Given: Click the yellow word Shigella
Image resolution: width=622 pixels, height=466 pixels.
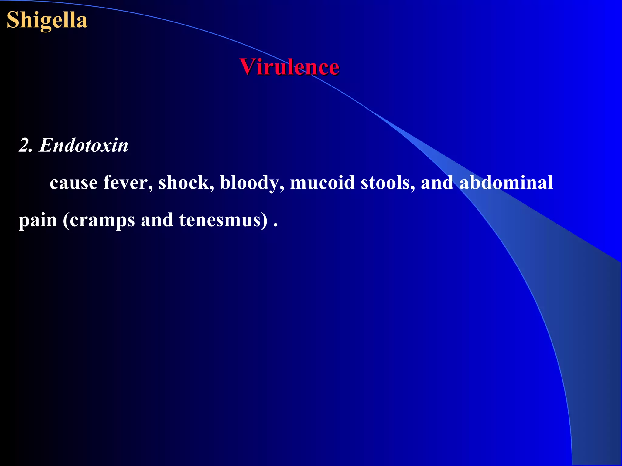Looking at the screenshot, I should pyautogui.click(x=47, y=20).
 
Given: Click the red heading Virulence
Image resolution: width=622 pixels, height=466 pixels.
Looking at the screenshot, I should pyautogui.click(x=289, y=67).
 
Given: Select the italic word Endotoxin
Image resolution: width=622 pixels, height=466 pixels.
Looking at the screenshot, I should pyautogui.click(x=84, y=145).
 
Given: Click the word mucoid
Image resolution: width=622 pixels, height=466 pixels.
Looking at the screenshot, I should pyautogui.click(x=322, y=183).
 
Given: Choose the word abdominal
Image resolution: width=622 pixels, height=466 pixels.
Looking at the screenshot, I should pyautogui.click(x=506, y=183).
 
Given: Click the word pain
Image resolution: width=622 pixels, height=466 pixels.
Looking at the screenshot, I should pyautogui.click(x=38, y=220).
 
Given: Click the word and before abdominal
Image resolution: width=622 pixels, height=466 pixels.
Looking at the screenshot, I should pyautogui.click(x=436, y=183).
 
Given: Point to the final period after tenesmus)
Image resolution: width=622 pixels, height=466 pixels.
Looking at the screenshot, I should pyautogui.click(x=275, y=225).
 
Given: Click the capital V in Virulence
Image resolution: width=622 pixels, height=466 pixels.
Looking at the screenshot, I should pyautogui.click(x=247, y=67).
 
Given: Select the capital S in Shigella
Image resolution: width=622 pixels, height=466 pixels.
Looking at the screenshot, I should pyautogui.click(x=13, y=20).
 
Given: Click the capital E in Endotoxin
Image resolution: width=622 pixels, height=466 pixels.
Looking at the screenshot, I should pyautogui.click(x=46, y=145).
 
